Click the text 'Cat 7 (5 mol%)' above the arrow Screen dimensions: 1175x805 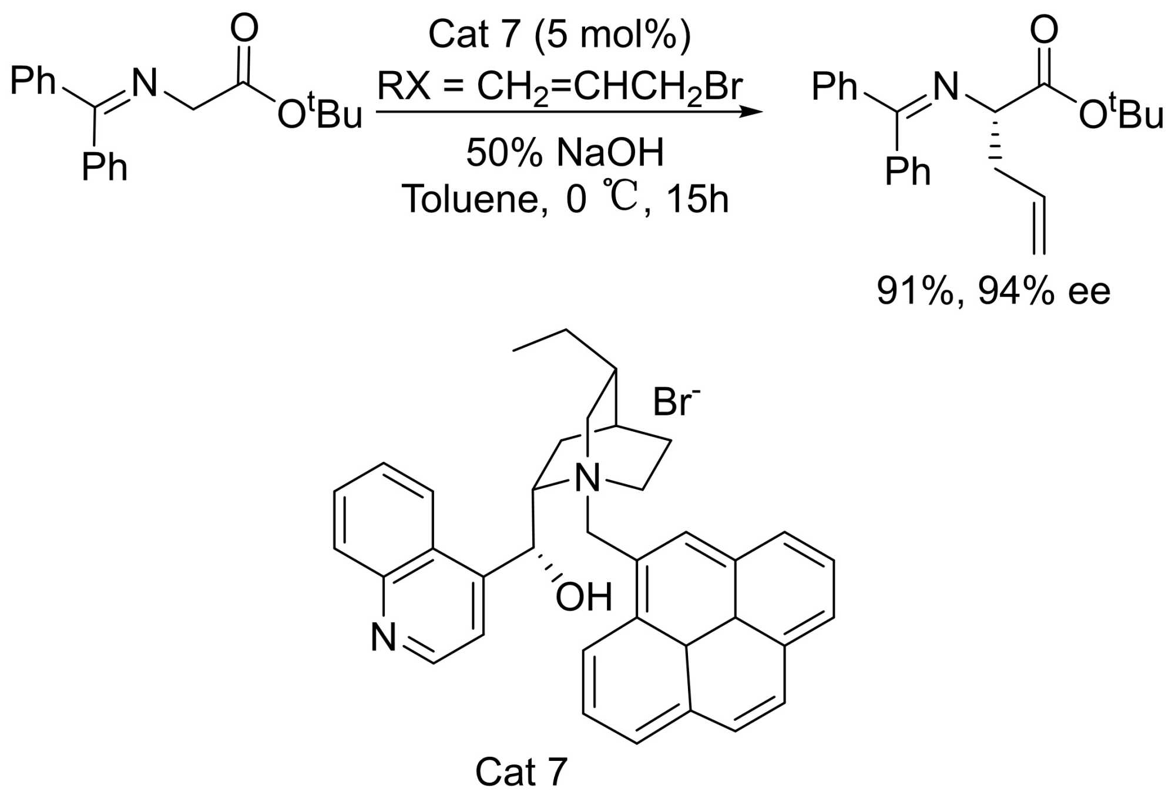(559, 34)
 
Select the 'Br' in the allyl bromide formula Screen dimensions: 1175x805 (723, 86)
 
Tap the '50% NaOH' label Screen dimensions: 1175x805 (565, 152)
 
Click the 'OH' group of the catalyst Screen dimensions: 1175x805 (583, 597)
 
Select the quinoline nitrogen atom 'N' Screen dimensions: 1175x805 (384, 637)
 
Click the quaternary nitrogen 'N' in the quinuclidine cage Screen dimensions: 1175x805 (587, 478)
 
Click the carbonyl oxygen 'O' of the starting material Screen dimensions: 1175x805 (244, 28)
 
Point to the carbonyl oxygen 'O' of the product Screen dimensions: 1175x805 (1045, 29)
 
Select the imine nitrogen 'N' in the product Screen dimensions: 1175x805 (946, 86)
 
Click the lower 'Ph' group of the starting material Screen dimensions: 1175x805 (104, 167)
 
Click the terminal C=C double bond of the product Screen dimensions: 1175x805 (1039, 226)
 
